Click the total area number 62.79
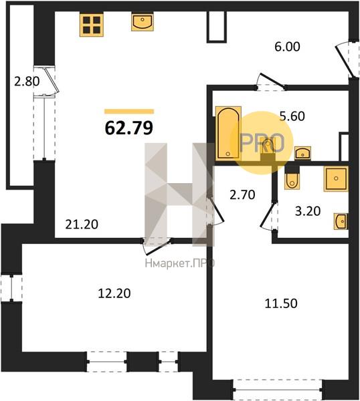pos(129,128)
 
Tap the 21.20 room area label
pos(82,225)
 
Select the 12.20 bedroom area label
pos(114,293)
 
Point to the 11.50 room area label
pos(281,303)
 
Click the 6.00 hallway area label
pos(287,47)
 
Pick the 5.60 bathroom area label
pos(292,116)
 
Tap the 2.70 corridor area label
pos(242,195)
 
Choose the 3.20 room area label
pos(308,211)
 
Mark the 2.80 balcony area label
pos(27,82)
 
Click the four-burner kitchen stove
pos(92,25)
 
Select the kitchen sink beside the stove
pos(143,23)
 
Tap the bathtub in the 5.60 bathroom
pos(228,133)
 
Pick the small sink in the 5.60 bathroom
pos(302,153)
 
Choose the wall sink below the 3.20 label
pos(341,221)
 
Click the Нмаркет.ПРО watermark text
pos(180,263)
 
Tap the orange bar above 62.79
pos(129,111)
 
